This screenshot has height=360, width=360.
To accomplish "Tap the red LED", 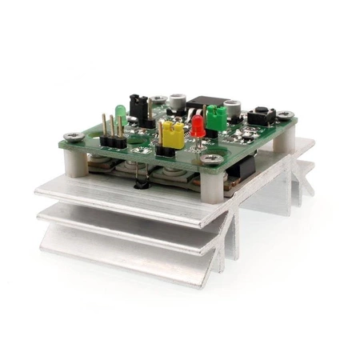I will click(x=198, y=124).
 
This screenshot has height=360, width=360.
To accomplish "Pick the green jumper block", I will click(x=215, y=118).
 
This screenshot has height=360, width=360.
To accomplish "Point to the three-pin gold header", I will click(x=113, y=131).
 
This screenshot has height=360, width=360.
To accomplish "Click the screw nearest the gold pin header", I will click(x=73, y=136).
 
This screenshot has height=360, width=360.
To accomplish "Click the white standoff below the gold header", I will click(x=74, y=164).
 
